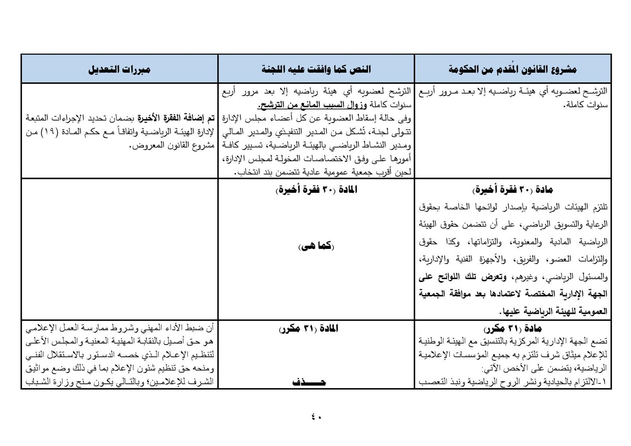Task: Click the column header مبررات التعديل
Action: click(x=119, y=69)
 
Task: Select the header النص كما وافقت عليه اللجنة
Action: click(x=316, y=69)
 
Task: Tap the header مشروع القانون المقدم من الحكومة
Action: click(x=513, y=69)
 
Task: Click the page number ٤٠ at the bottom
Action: click(x=316, y=416)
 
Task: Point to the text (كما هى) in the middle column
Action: click(x=316, y=247)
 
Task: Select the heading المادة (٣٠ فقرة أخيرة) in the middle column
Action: click(x=316, y=190)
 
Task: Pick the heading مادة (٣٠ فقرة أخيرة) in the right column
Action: click(x=513, y=190)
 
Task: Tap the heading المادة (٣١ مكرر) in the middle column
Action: click(x=308, y=328)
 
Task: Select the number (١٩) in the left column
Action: click(x=47, y=132)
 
